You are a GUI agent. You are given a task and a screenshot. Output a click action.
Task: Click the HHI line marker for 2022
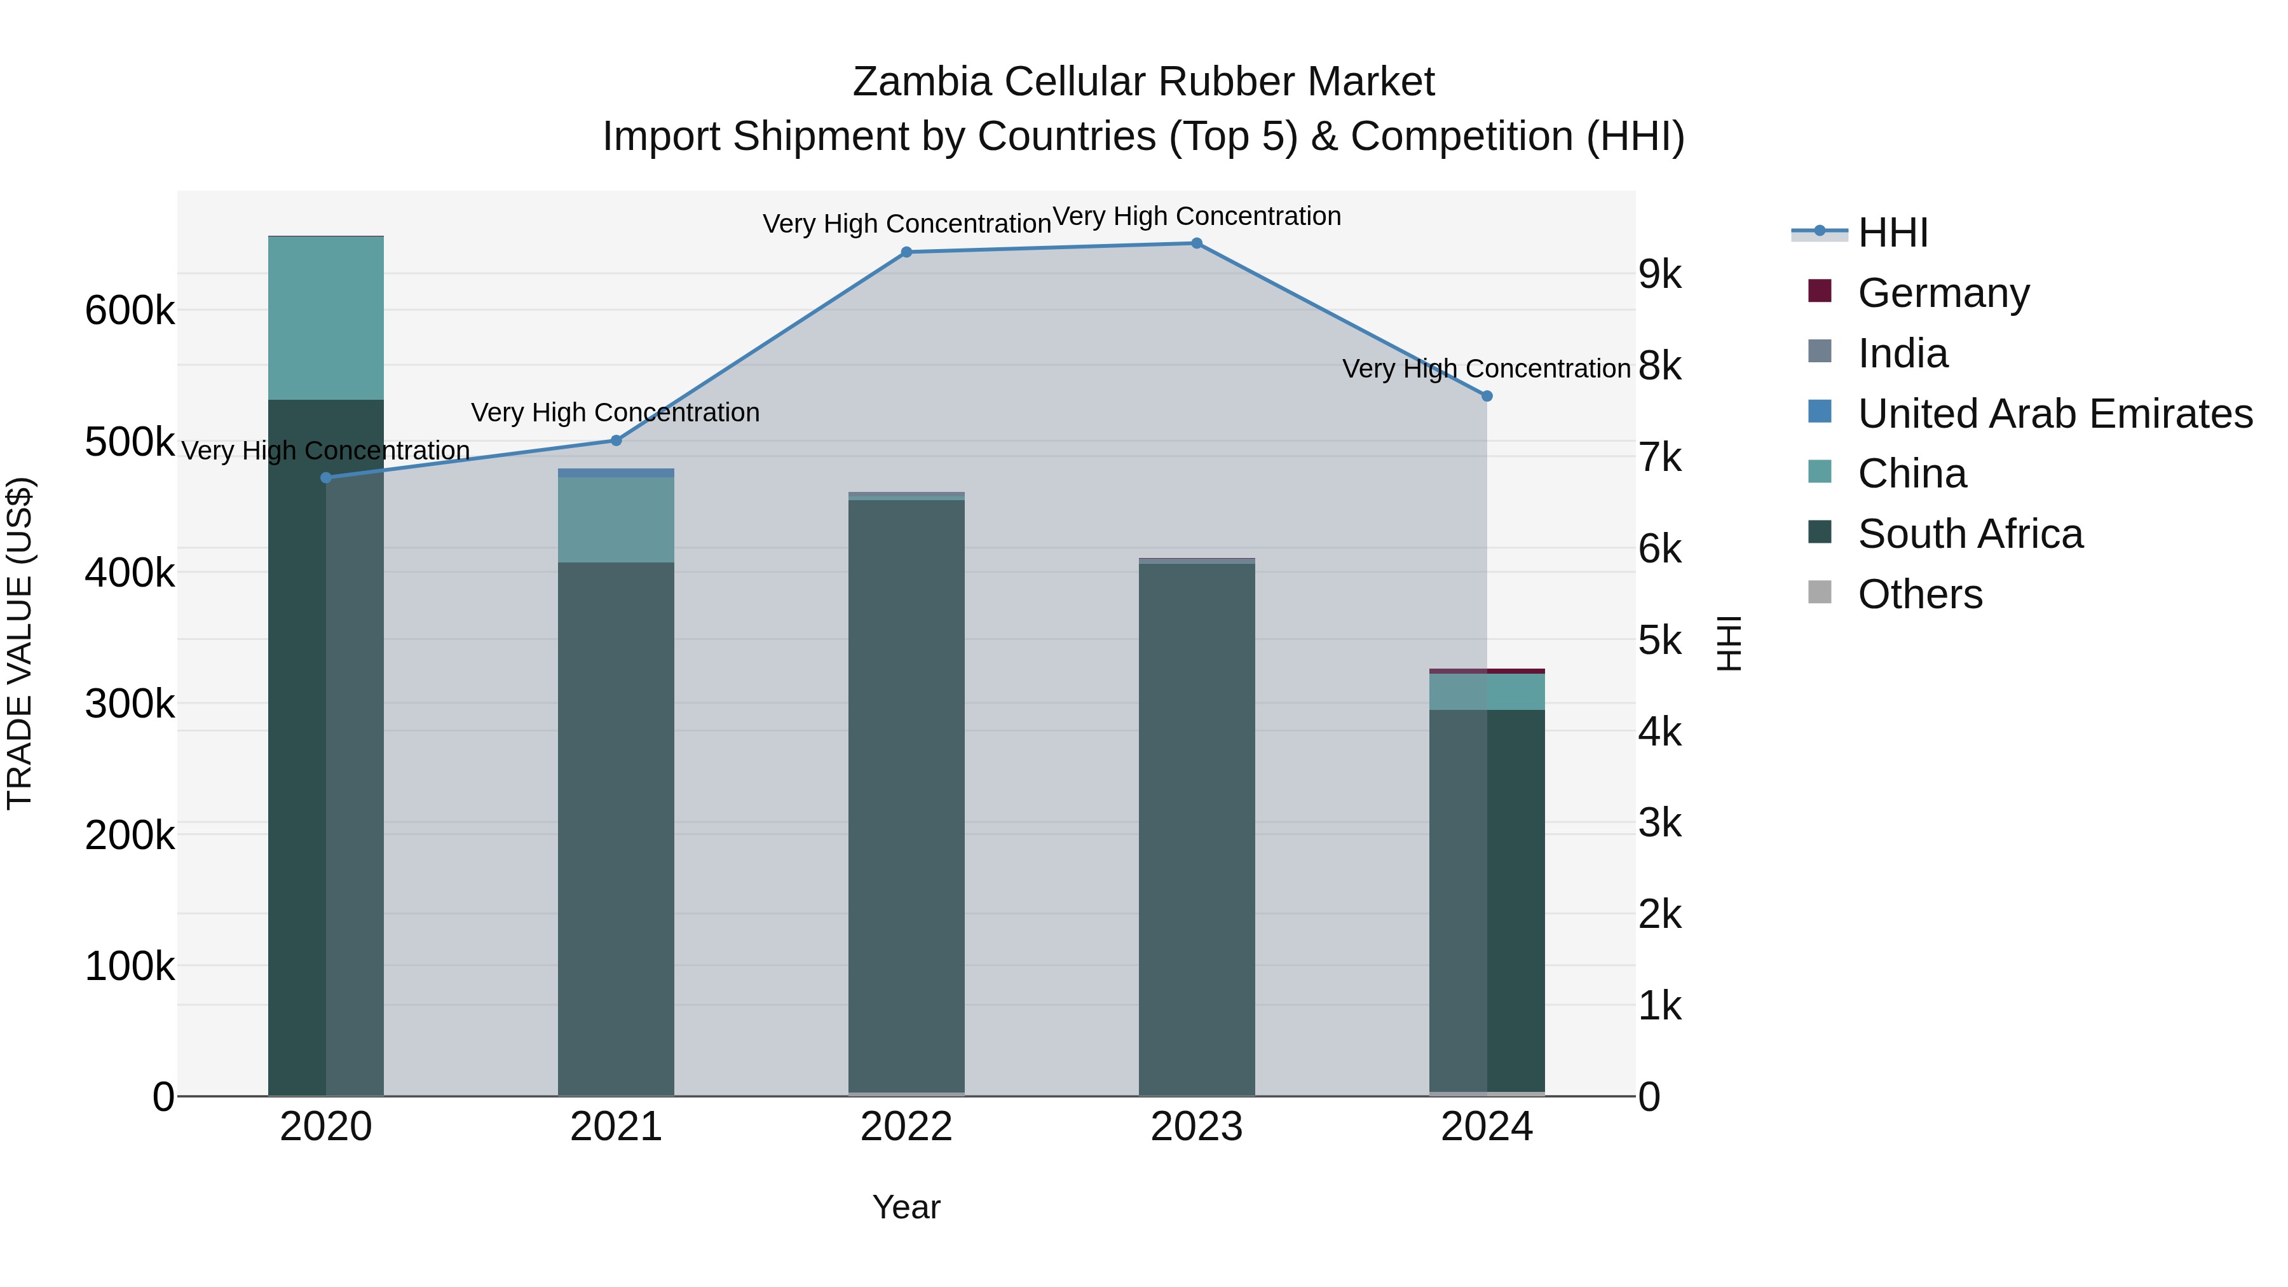[906, 252]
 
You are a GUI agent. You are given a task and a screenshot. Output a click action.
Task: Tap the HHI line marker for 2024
[1487, 396]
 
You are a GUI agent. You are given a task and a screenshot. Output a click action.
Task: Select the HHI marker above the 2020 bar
[326, 478]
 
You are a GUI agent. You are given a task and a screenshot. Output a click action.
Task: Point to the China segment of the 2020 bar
[326, 318]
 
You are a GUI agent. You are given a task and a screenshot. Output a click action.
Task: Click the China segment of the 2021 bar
[615, 520]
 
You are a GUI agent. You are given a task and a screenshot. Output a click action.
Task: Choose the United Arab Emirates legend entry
[2054, 414]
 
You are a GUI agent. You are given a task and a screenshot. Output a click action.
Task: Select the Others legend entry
[1919, 594]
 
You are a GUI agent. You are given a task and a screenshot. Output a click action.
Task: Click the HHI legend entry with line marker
[1892, 233]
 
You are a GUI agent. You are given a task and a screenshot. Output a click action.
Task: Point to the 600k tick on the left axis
[130, 311]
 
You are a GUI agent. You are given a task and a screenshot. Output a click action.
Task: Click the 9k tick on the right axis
[1659, 275]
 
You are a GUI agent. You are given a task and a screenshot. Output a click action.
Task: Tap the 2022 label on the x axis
[906, 1127]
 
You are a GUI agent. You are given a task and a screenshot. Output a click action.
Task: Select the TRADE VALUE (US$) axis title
[20, 643]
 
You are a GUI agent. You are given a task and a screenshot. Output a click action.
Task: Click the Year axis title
[906, 1207]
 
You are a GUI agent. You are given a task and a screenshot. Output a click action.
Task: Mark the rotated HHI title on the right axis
[1729, 643]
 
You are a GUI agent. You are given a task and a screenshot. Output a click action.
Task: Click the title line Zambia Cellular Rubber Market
[1143, 82]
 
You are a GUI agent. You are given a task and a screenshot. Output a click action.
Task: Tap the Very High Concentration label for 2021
[615, 413]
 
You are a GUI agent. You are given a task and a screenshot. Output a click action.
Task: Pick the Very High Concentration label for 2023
[1196, 217]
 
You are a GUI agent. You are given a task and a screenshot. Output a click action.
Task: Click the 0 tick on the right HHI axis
[1649, 1098]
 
